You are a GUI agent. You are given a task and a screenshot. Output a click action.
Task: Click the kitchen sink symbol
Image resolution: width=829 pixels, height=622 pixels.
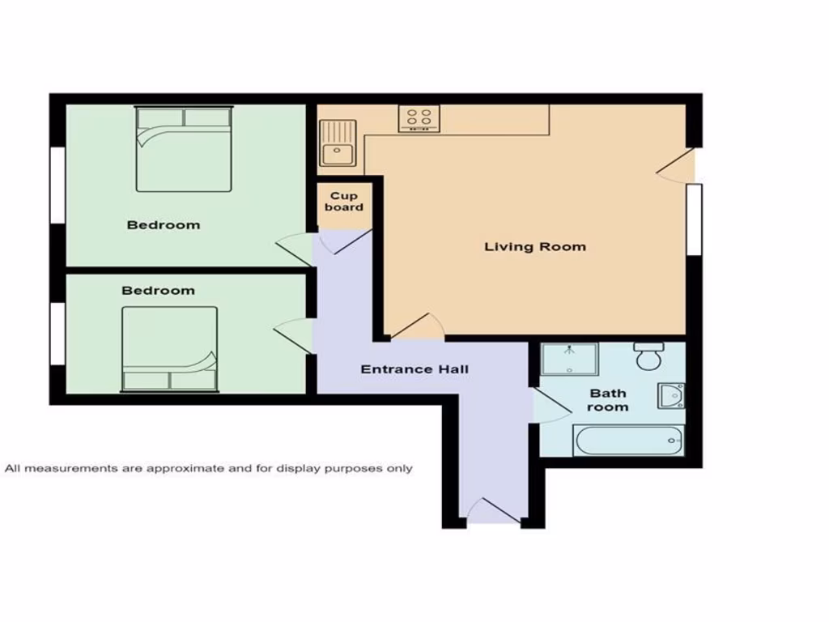[x=338, y=143]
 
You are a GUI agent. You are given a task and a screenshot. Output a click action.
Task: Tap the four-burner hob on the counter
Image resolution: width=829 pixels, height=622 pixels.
[x=419, y=119]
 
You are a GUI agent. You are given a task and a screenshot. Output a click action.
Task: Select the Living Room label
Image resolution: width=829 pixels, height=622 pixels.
[x=535, y=246]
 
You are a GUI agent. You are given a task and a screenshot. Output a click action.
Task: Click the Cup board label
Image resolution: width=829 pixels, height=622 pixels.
[x=344, y=202]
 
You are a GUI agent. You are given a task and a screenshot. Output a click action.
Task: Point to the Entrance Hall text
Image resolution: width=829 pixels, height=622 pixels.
[x=414, y=369]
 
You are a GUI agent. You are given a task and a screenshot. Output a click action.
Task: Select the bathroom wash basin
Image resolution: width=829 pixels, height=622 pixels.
[x=671, y=395]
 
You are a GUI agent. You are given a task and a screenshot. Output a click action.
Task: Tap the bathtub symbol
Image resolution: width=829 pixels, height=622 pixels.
[x=628, y=441]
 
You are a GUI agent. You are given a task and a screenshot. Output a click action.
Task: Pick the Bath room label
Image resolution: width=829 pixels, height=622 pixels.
[x=608, y=400]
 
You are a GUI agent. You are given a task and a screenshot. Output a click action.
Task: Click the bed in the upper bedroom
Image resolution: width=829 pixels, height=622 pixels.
[x=184, y=150]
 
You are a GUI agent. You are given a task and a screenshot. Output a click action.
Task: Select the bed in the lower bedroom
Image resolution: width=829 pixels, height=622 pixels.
[x=170, y=349]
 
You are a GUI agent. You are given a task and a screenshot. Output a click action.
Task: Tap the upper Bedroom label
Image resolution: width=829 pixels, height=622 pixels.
[x=164, y=224]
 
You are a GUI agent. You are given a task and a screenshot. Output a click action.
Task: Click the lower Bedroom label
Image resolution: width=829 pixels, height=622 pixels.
[x=159, y=290]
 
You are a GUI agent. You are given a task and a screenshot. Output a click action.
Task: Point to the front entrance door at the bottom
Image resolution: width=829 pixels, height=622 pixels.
[x=494, y=513]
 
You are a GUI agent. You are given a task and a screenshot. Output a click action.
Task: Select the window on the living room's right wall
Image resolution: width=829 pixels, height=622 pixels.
[x=694, y=219]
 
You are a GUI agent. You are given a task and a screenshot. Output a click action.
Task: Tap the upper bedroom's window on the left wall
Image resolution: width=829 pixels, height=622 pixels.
[x=57, y=184]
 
